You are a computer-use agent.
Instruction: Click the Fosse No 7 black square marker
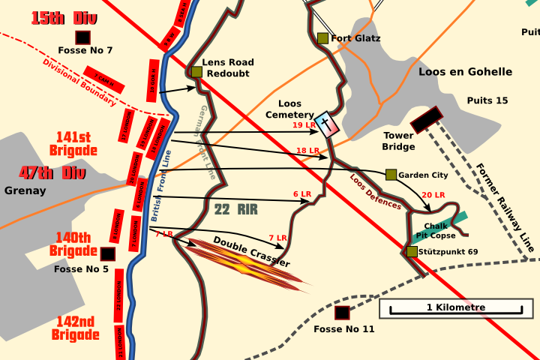tap(82, 37)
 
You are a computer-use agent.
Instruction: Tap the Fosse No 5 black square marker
tap(108, 254)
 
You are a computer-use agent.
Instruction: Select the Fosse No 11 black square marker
tap(342, 313)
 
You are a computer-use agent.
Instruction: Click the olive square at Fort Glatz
tap(322, 38)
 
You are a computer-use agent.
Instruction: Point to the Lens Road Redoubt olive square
tap(196, 72)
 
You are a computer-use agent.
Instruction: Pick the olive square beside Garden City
tap(391, 175)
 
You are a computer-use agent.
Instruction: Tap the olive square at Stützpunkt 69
tap(412, 251)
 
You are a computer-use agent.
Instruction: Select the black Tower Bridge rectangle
tap(426, 118)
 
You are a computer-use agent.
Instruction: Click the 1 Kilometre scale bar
tap(455, 307)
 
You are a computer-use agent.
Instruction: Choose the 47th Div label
tap(46, 172)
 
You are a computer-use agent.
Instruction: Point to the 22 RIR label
tap(235, 210)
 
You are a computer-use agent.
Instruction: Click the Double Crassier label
tap(251, 251)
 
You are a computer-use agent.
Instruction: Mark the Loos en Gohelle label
tap(466, 72)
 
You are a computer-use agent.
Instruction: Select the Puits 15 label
tap(487, 100)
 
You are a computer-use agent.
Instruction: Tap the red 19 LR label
tap(304, 125)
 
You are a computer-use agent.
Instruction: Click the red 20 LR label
tap(433, 195)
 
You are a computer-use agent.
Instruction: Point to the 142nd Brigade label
tap(76, 328)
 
